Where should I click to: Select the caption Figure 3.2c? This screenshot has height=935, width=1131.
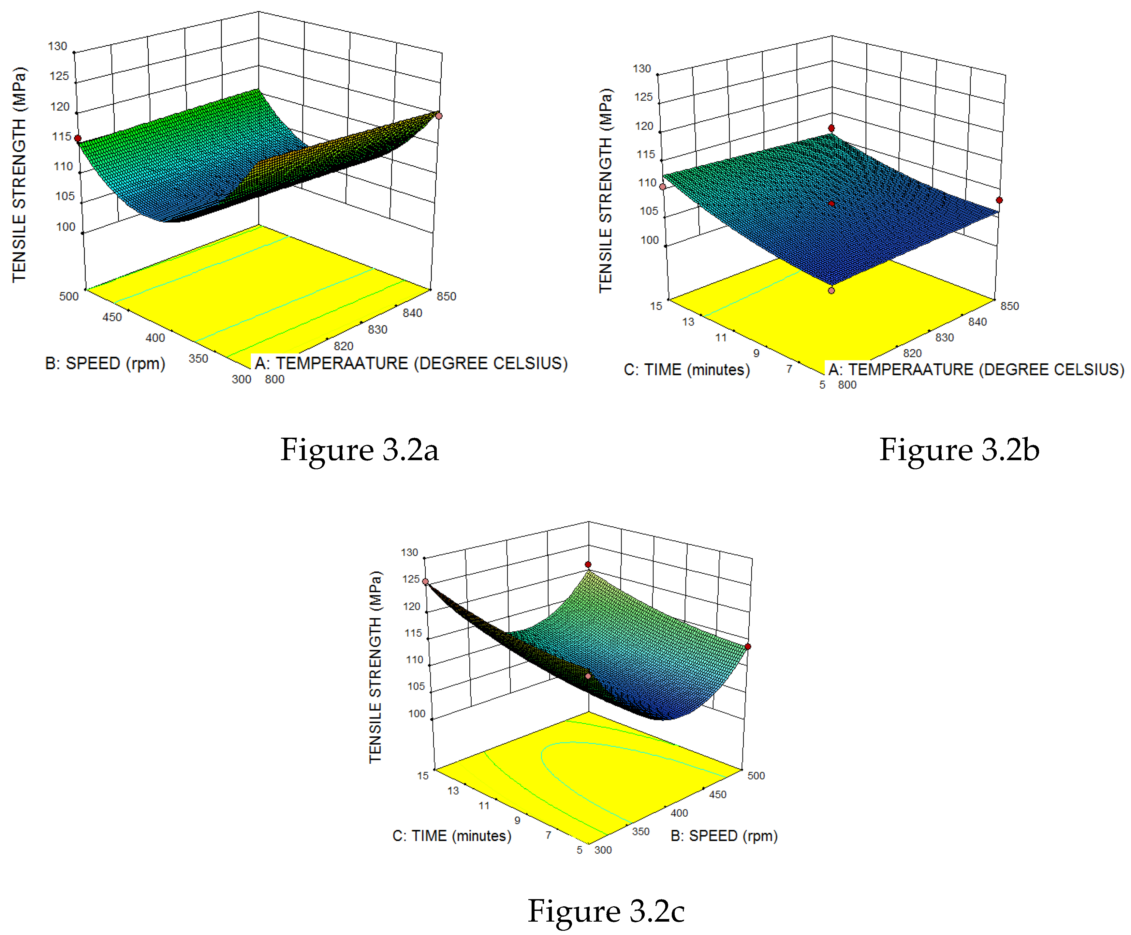[606, 911]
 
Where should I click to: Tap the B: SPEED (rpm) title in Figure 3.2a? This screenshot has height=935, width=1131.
[105, 364]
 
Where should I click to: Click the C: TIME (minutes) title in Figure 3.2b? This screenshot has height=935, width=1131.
[686, 370]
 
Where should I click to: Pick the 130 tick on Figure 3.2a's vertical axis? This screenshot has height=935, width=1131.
[58, 46]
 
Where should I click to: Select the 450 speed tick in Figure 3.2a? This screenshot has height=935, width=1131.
[112, 317]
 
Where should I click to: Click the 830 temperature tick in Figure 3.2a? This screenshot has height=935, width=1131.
[377, 330]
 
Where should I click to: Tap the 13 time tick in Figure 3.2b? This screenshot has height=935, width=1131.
[688, 322]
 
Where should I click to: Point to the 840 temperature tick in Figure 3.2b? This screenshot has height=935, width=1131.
[977, 322]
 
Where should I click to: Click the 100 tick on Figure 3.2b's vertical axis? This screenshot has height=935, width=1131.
[649, 240]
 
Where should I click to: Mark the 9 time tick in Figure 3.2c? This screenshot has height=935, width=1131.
[517, 820]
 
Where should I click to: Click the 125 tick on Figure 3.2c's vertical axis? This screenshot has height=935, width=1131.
[411, 579]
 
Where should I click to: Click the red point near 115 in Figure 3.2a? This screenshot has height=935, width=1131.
[78, 138]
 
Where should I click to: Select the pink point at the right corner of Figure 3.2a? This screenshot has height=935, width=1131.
[439, 116]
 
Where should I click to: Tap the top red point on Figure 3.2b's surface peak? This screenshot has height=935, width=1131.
[831, 128]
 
